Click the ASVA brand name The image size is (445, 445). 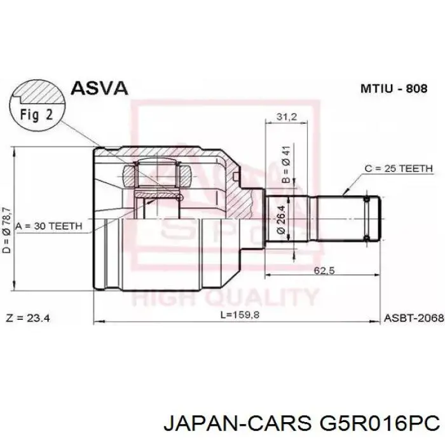pyautogui.click(x=99, y=89)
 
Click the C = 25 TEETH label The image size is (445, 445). pyautogui.click(x=398, y=168)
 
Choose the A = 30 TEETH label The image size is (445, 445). pyautogui.click(x=53, y=226)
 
